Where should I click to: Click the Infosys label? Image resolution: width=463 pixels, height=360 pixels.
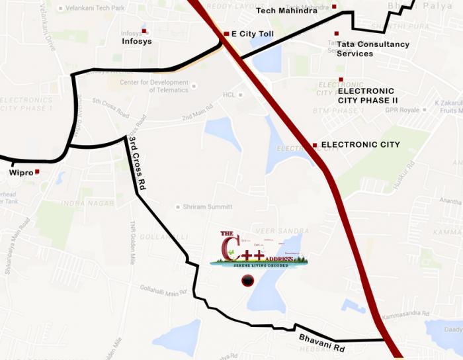[x=136, y=41]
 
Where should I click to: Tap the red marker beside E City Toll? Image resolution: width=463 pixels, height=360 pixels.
[x=226, y=34]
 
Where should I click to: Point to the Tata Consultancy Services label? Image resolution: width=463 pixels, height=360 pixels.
[x=372, y=49]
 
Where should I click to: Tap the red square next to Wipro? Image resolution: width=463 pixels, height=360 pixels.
[x=37, y=172]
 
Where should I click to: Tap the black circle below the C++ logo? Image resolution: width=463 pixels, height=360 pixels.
[x=247, y=281]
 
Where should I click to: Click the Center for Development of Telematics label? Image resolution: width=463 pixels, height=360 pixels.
[x=153, y=86]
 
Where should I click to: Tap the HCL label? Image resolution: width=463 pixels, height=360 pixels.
[x=229, y=95]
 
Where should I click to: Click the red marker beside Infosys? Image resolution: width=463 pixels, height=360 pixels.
[x=144, y=31]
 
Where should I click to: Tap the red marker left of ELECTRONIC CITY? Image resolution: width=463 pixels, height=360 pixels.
[x=315, y=145]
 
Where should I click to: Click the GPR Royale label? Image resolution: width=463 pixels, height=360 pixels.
[x=402, y=110]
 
